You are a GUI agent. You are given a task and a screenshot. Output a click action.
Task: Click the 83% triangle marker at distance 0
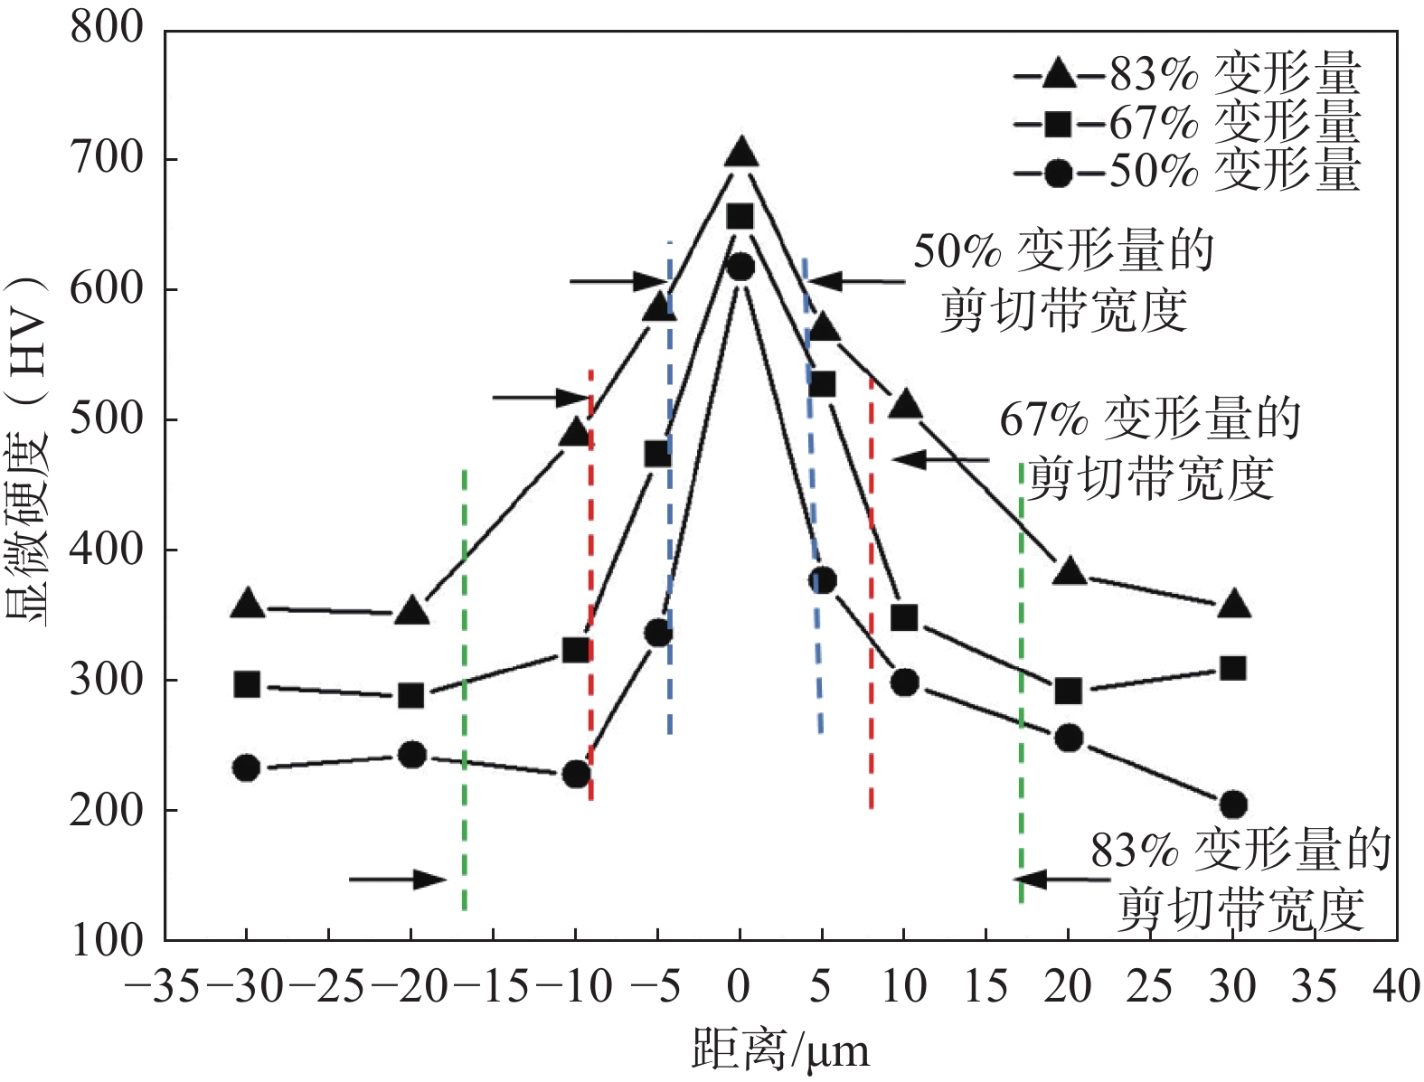[740, 153]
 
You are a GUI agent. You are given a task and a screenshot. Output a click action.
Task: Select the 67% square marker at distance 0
[740, 217]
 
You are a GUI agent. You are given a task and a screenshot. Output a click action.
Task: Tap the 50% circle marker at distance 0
[740, 267]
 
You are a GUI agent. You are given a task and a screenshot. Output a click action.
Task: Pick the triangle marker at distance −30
[248, 605]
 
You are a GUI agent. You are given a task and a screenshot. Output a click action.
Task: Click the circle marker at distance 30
[1233, 804]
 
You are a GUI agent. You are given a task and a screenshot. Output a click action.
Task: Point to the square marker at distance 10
[904, 618]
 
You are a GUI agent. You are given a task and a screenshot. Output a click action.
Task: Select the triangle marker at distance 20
[1070, 571]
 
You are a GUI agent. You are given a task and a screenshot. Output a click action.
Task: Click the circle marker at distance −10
[577, 774]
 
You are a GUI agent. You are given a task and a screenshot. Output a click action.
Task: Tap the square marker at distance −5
[658, 454]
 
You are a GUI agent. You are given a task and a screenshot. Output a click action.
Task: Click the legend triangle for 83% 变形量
[1059, 73]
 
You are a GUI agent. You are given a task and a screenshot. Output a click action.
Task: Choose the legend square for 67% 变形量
[1059, 122]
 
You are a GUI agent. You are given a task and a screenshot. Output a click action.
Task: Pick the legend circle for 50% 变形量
[1059, 172]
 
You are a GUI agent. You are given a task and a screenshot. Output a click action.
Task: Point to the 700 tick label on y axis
[107, 159]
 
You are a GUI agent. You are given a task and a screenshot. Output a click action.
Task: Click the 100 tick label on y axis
[107, 940]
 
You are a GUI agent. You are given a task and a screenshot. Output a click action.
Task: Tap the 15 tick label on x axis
[985, 985]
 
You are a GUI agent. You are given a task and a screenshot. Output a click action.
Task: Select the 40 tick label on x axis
[1396, 985]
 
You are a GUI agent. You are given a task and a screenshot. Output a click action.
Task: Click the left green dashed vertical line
[464, 687]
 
